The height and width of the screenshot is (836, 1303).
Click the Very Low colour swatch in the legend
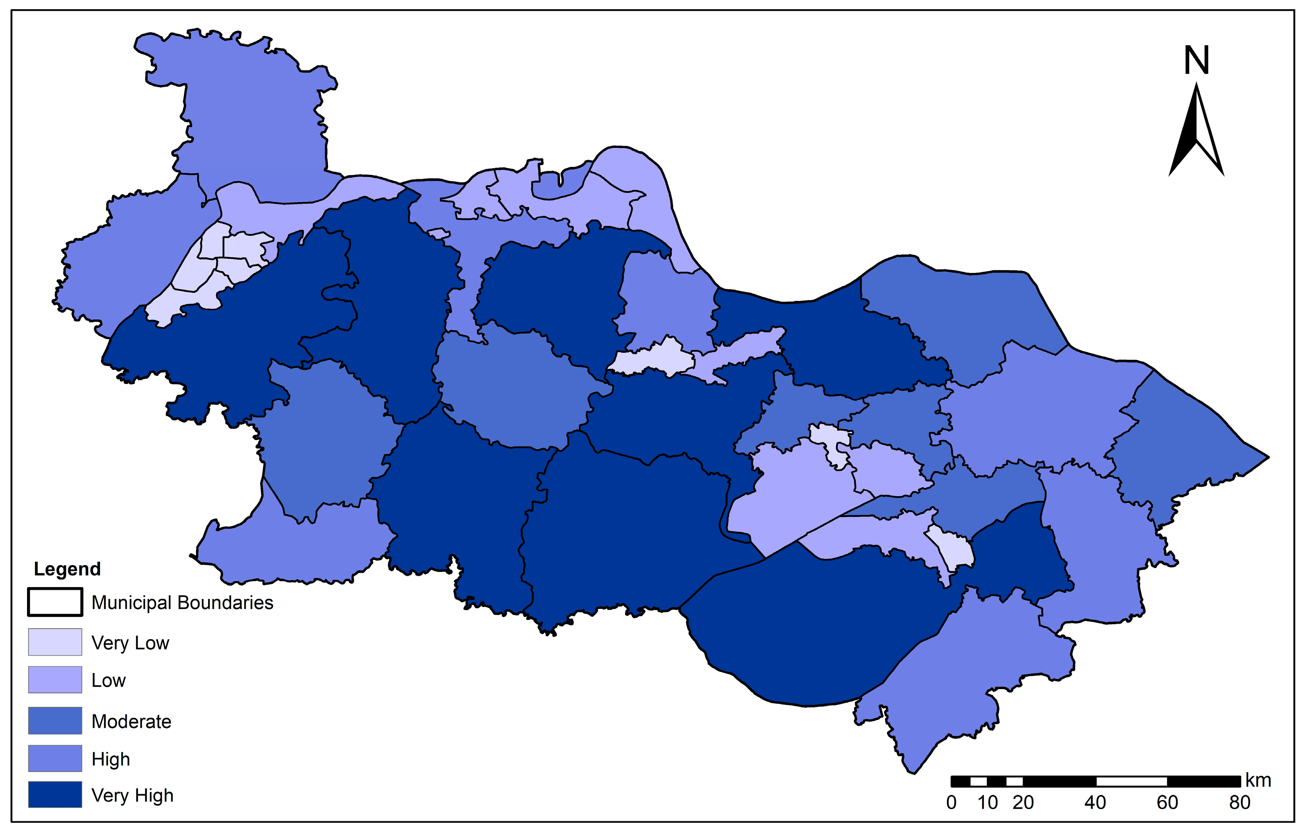click(x=55, y=642)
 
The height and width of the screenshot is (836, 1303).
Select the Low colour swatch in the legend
click(x=55, y=680)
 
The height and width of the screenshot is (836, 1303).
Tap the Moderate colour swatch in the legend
click(x=55, y=720)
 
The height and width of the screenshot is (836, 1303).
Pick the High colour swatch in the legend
click(x=55, y=759)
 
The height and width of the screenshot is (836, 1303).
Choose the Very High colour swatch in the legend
click(x=55, y=795)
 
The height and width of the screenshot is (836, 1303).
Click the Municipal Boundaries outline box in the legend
click(x=55, y=602)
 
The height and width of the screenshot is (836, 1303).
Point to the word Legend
click(x=67, y=569)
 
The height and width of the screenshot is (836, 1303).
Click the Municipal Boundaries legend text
click(x=182, y=603)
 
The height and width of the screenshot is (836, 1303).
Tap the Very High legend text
click(x=132, y=795)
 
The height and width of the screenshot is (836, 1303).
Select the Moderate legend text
click(x=131, y=721)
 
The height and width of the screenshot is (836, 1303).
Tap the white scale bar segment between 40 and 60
click(x=1132, y=782)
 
